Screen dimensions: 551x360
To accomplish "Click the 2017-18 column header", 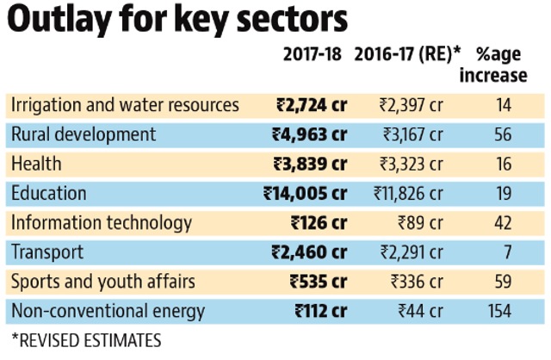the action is click(x=312, y=54).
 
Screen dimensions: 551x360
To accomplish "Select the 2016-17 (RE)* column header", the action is click(x=407, y=54).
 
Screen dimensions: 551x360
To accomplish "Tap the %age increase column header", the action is click(x=493, y=65).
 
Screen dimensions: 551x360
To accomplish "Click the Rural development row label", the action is click(x=84, y=134).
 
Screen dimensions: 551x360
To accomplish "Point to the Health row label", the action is click(x=36, y=164).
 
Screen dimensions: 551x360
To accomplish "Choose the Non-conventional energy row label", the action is click(x=108, y=312).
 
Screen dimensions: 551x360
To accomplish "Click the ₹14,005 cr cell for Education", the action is click(x=305, y=194).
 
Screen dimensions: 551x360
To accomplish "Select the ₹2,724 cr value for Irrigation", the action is click(x=312, y=105).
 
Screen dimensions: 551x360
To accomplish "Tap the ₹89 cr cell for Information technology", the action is click(x=420, y=223).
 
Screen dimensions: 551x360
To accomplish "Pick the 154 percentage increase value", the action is click(x=499, y=311).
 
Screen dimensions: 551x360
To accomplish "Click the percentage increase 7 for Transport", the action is click(x=507, y=252).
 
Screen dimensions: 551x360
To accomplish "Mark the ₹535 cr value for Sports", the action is click(x=319, y=282).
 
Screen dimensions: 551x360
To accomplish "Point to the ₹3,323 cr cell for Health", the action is click(x=412, y=164).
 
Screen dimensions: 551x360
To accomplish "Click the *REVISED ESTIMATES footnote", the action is click(x=86, y=340).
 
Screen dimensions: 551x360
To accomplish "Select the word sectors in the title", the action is click(x=293, y=20).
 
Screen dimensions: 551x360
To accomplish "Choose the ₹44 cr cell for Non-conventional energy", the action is click(x=420, y=311).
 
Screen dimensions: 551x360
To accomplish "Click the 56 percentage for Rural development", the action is click(x=503, y=134).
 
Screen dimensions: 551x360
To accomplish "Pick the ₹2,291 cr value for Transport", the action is click(x=412, y=252).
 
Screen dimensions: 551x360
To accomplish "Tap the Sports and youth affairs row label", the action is click(x=103, y=282).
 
